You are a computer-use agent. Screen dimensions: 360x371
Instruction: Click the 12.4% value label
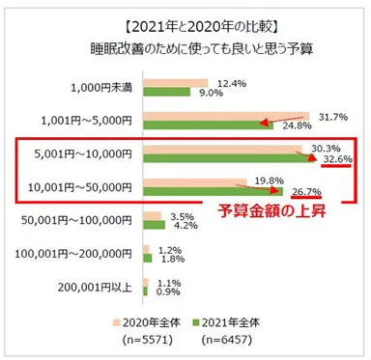point(231,83)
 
